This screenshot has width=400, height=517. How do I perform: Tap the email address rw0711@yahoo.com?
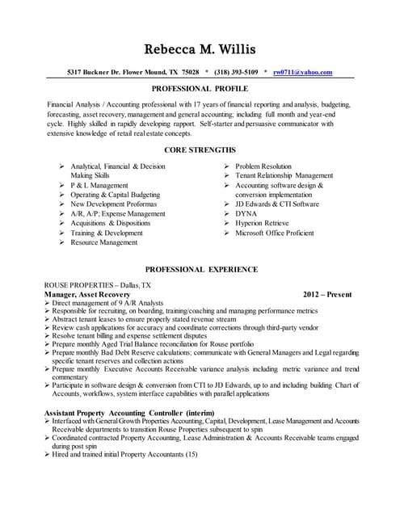[x=303, y=72]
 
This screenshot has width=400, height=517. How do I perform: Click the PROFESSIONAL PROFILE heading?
[x=200, y=88]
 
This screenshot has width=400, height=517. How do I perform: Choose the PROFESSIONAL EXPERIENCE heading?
[x=201, y=268]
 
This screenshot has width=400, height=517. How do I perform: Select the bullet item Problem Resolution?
[x=263, y=166]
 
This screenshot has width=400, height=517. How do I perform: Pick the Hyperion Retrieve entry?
[x=263, y=223]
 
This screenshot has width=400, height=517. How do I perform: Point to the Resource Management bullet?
[x=104, y=242]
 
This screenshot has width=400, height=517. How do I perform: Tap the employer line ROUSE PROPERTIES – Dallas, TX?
[x=97, y=286]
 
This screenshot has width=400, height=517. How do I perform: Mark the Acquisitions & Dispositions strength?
[x=111, y=223]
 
